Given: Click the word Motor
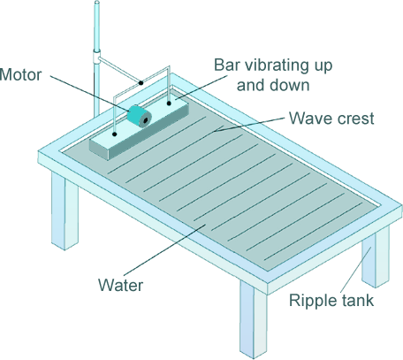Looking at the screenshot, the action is [20, 75].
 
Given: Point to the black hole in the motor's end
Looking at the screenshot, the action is [145, 120].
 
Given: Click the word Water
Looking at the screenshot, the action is [120, 285].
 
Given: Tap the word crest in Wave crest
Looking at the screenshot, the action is [356, 119].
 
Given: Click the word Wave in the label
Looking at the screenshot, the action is [311, 119].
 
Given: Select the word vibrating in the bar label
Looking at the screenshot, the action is [275, 65].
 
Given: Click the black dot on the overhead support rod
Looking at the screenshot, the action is [141, 83].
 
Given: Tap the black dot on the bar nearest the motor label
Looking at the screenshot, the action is [115, 134].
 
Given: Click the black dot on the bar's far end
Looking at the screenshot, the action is [169, 103].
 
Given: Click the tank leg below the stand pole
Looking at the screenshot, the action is [65, 211].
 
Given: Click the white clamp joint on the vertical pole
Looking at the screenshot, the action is [96, 57].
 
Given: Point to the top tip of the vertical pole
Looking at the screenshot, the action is [96, 2].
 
